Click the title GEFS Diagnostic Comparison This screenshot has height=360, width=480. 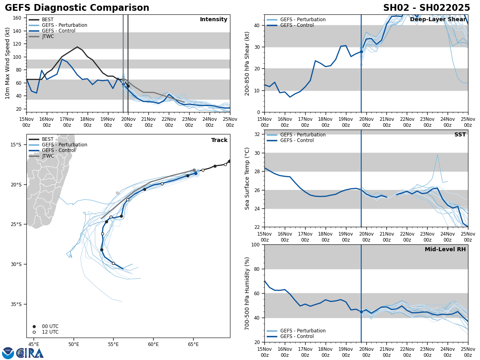click(77, 8)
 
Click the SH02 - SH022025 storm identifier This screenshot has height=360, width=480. click(426, 8)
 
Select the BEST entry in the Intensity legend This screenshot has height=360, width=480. click(47, 20)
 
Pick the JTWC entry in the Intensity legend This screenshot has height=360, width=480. click(48, 36)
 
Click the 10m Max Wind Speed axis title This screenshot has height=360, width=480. click(8, 64)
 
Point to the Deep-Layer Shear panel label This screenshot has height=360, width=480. click(438, 20)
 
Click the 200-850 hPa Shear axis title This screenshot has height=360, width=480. click(247, 64)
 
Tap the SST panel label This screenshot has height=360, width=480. click(460, 135)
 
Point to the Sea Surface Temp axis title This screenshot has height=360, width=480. click(247, 178)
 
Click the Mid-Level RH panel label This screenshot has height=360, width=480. click(445, 250)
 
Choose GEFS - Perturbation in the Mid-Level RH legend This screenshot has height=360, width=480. click(303, 331)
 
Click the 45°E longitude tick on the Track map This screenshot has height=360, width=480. click(34, 344)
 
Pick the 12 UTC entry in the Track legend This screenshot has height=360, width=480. click(50, 332)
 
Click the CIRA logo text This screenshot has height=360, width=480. click(30, 353)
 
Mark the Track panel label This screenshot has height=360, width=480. click(219, 140)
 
